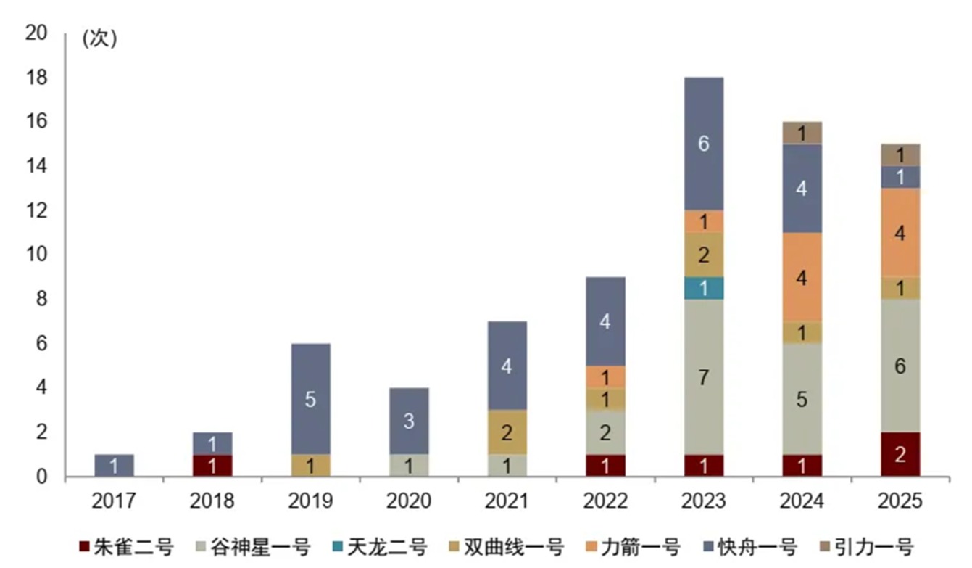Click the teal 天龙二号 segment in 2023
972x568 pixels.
coord(703,288)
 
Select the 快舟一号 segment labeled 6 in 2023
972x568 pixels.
coord(703,144)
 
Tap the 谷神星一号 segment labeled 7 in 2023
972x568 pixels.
coord(703,376)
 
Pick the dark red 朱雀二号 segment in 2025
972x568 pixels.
coord(900,454)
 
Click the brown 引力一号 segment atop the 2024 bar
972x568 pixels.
coord(802,133)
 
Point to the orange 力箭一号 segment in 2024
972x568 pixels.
coord(802,277)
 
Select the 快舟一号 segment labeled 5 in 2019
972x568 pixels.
coord(310,399)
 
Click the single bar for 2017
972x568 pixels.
coord(115,465)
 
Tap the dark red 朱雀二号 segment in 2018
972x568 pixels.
coord(212,466)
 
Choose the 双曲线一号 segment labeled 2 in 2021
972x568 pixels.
coord(507,432)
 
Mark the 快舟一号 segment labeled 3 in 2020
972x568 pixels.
coord(409,421)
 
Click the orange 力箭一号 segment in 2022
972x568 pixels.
coord(605,376)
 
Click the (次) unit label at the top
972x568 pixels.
coord(99,38)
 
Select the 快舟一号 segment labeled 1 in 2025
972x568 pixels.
coord(900,177)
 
